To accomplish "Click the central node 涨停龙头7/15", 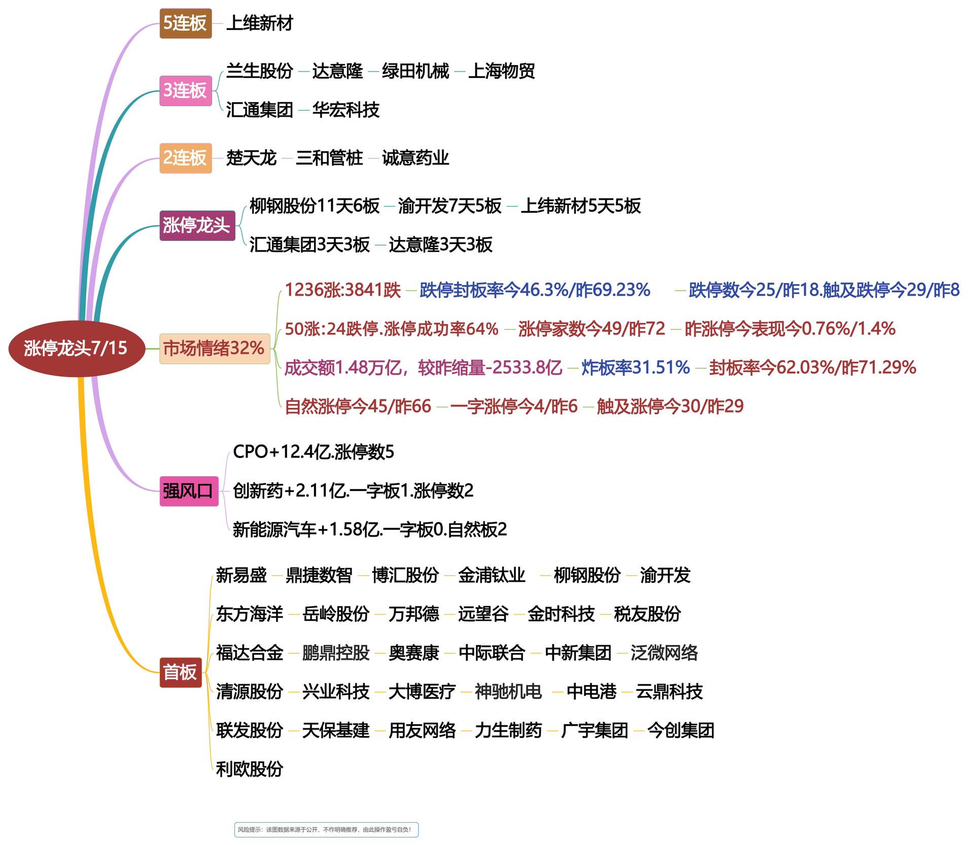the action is (x=76, y=348).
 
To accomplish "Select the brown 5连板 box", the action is (x=185, y=23).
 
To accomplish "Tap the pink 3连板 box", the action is (x=185, y=91).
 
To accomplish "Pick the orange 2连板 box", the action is (x=185, y=158).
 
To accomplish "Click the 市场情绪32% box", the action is (x=215, y=348).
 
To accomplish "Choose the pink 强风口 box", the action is (x=189, y=491).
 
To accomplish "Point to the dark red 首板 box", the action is (x=181, y=673).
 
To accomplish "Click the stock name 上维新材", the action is (x=259, y=23).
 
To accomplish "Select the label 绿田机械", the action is (x=415, y=71).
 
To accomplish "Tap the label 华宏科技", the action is (x=345, y=110).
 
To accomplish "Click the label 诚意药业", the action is (x=415, y=158).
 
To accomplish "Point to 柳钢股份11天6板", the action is (x=315, y=206).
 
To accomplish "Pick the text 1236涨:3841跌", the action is (x=343, y=290).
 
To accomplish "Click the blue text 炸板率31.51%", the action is (x=636, y=368).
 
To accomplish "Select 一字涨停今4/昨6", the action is (x=514, y=406).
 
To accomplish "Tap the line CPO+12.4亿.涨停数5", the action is (x=314, y=452).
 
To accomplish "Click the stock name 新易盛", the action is (x=241, y=575).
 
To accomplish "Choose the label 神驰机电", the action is (x=508, y=692).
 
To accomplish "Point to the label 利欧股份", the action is (x=250, y=769).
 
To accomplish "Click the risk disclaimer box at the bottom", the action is (x=326, y=830).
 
